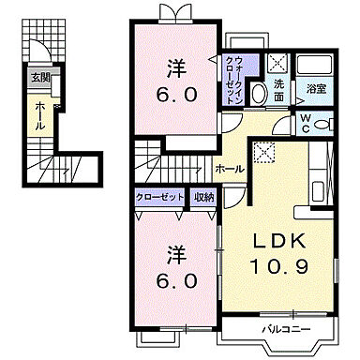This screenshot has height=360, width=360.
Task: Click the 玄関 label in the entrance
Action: (40, 78)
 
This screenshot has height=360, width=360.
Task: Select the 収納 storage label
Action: (204, 197)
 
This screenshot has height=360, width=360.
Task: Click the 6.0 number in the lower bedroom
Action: (175, 280)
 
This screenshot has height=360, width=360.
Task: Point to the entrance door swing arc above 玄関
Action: (38, 52)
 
